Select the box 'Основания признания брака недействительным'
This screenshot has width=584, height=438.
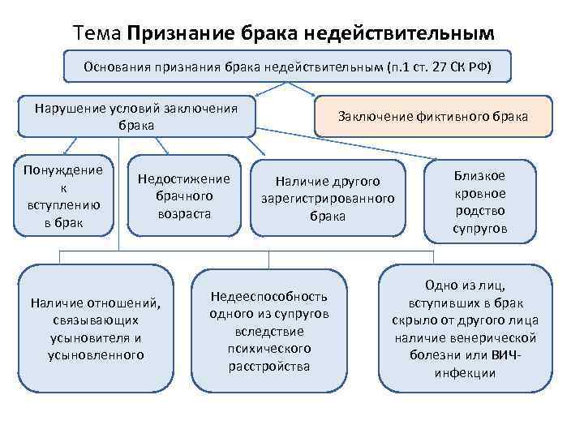click(x=288, y=66)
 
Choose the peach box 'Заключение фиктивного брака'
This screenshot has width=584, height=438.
click(x=432, y=116)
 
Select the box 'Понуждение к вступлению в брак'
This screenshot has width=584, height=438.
click(x=64, y=195)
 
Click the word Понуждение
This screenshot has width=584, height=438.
click(x=64, y=170)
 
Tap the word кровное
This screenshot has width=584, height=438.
click(x=479, y=193)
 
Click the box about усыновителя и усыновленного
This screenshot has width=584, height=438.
click(x=96, y=328)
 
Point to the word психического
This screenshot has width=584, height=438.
click(x=268, y=348)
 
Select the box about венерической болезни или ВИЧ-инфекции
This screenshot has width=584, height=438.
click(x=465, y=328)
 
